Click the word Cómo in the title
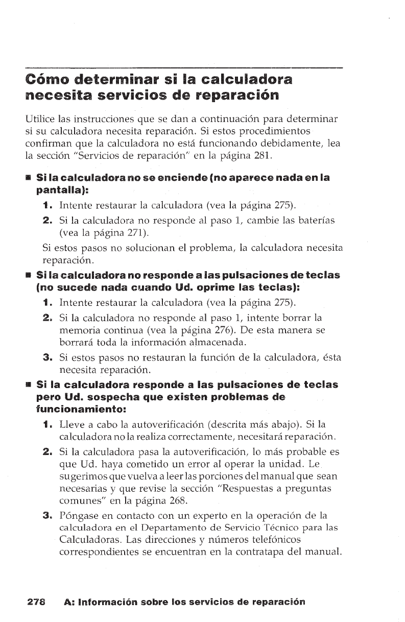tap(46, 81)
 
